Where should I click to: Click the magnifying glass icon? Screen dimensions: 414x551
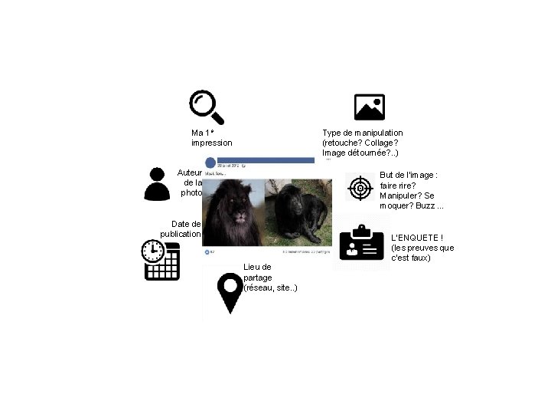click(x=207, y=107)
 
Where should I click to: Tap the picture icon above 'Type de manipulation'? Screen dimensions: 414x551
click(x=370, y=108)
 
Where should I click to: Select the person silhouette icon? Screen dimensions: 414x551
click(x=157, y=183)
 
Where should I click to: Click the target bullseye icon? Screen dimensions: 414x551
click(x=360, y=187)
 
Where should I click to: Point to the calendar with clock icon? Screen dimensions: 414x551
click(x=161, y=260)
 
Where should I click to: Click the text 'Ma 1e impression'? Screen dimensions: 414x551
click(x=211, y=138)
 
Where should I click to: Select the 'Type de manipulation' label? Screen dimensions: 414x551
click(x=362, y=133)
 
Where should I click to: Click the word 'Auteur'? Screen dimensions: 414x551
click(x=189, y=172)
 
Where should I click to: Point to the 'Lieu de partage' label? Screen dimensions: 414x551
click(x=257, y=271)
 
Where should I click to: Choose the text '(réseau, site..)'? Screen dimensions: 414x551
click(x=270, y=287)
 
